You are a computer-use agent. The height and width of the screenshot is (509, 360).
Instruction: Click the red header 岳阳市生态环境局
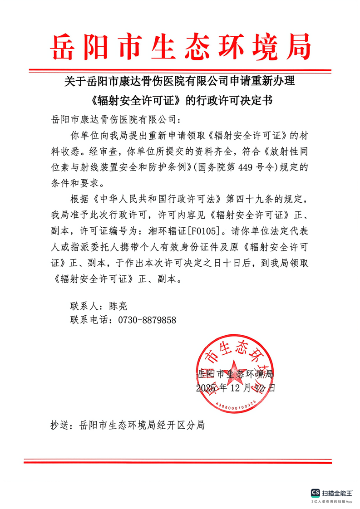tap(180, 47)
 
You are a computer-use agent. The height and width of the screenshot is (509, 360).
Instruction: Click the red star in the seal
tap(235, 371)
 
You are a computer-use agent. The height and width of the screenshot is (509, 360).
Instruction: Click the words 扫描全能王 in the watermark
tap(338, 493)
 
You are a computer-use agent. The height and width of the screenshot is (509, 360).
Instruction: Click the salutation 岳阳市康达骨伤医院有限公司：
tap(117, 119)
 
